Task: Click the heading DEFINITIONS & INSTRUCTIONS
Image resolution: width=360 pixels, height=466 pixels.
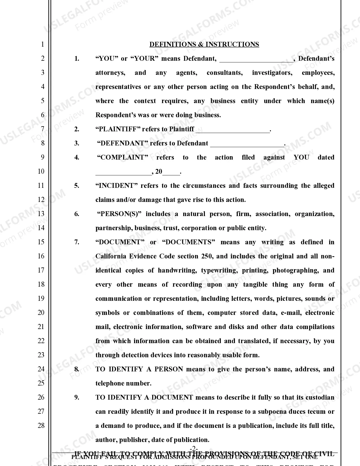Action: (x=204, y=44)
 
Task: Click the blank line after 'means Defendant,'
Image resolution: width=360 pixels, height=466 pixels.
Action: (x=256, y=59)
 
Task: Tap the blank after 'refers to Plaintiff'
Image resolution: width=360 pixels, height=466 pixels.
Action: (x=233, y=130)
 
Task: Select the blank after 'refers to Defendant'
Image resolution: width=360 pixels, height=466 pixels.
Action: (x=247, y=144)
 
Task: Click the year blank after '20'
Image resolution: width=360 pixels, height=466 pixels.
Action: (x=171, y=172)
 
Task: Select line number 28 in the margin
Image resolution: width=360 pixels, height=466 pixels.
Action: (x=41, y=425)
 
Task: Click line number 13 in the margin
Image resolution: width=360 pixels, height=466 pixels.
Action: (x=41, y=214)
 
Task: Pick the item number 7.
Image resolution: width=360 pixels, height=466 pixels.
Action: (x=77, y=242)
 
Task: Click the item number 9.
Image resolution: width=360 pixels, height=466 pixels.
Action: (x=77, y=397)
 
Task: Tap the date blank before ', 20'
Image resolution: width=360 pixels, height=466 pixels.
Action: (x=123, y=172)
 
